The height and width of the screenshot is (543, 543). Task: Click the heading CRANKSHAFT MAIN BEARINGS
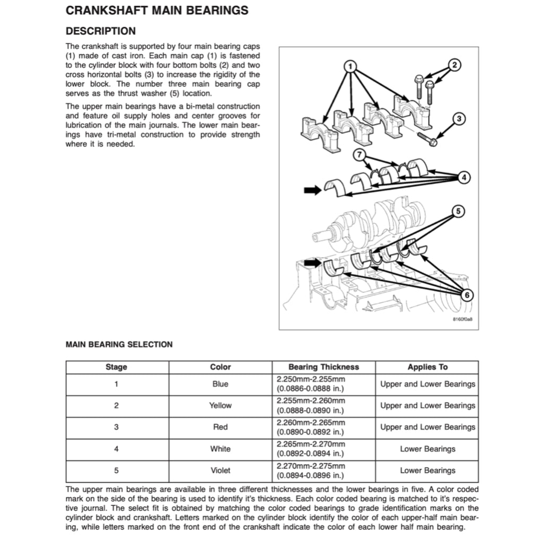pyautogui.click(x=156, y=11)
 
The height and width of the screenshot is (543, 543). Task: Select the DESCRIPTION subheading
pyautogui.click(x=100, y=31)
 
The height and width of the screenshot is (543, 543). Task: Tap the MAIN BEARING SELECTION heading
pyautogui.click(x=119, y=344)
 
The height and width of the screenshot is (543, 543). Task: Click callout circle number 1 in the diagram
pyautogui.click(x=349, y=66)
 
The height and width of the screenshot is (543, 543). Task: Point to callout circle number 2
pyautogui.click(x=454, y=65)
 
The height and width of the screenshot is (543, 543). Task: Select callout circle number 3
pyautogui.click(x=460, y=119)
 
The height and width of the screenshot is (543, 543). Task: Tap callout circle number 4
pyautogui.click(x=464, y=178)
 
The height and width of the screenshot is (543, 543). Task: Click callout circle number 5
pyautogui.click(x=458, y=212)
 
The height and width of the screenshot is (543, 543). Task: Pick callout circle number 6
pyautogui.click(x=465, y=295)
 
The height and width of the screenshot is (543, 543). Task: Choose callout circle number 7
pyautogui.click(x=360, y=155)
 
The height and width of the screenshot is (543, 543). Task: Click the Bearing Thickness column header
pyautogui.click(x=323, y=367)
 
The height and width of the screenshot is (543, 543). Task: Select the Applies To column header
pyautogui.click(x=427, y=367)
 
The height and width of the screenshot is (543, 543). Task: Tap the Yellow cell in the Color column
pyautogui.click(x=220, y=406)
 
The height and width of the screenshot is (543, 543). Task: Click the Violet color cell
pyautogui.click(x=220, y=470)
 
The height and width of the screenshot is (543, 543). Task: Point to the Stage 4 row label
pyautogui.click(x=116, y=449)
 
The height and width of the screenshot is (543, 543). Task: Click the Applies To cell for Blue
pyautogui.click(x=427, y=384)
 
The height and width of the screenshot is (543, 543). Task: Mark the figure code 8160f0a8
pyautogui.click(x=462, y=320)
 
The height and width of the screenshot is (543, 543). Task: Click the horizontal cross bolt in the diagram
pyautogui.click(x=427, y=139)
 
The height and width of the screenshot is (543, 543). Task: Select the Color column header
pyautogui.click(x=220, y=367)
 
